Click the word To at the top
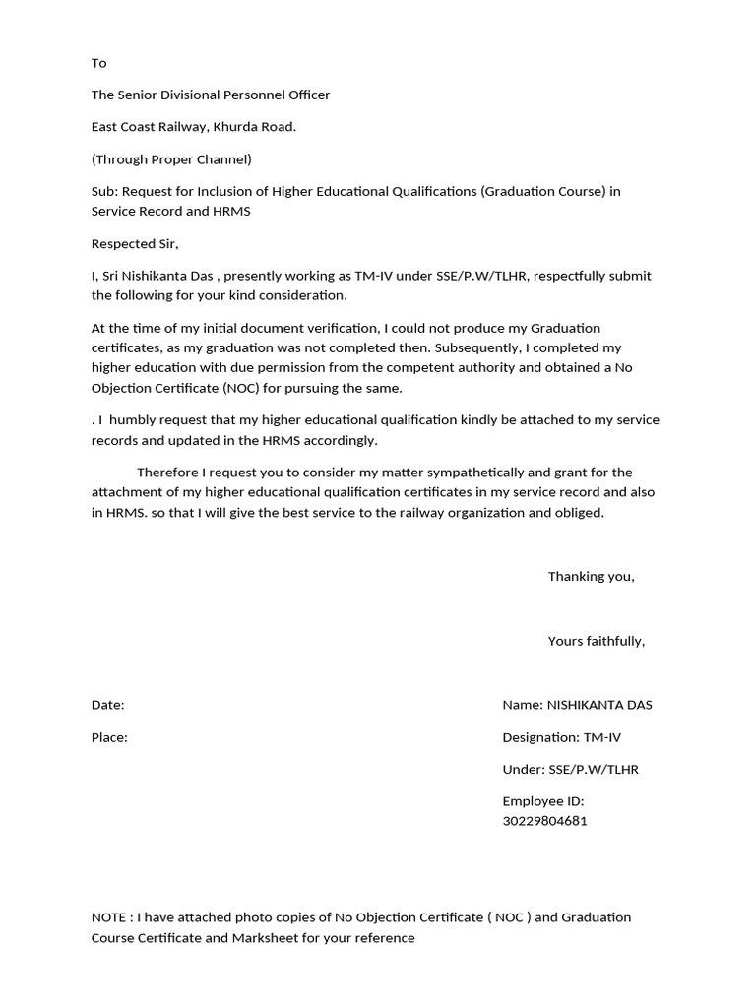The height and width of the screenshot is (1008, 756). [x=98, y=63]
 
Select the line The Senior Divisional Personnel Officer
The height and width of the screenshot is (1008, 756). [x=211, y=95]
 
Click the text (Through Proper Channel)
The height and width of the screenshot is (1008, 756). [x=171, y=159]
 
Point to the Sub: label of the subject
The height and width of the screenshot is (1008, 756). [x=104, y=191]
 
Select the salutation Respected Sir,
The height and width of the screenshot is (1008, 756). [x=135, y=244]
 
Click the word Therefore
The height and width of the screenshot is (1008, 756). [x=170, y=472]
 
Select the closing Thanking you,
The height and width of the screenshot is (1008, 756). [x=591, y=577]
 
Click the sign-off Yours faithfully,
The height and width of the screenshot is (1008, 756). [x=597, y=642]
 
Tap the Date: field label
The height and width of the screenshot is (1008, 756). [x=107, y=706]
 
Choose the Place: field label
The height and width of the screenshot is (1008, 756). [x=109, y=737]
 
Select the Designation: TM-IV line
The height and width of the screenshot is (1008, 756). [x=561, y=737]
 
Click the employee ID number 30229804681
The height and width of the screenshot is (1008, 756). [x=544, y=821]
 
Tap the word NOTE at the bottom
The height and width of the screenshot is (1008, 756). [x=108, y=917]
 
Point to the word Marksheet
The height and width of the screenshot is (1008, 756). [x=269, y=938]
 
